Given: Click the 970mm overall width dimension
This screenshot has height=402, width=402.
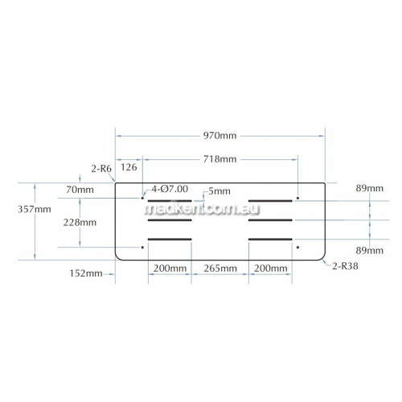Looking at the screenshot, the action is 219,136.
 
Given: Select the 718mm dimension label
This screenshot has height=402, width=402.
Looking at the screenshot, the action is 219,159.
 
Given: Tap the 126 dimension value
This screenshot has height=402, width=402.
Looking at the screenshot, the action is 129,167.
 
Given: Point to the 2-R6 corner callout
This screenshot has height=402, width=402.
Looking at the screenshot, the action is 101,169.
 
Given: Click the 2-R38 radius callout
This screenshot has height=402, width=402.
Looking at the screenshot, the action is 345,266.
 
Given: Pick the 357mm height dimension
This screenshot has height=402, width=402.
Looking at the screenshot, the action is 35,209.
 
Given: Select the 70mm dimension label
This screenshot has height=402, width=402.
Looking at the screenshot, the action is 80,190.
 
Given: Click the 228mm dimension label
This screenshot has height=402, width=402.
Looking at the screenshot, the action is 80,223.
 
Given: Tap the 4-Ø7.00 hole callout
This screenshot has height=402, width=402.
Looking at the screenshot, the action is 170,189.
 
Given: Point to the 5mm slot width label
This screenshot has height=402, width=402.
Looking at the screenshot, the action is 219,191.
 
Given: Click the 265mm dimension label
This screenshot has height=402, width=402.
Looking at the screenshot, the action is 220,269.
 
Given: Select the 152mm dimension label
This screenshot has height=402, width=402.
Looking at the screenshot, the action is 86,273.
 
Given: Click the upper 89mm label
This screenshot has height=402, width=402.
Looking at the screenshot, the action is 370,188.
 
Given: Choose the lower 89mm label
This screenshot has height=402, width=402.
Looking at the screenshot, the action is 370,251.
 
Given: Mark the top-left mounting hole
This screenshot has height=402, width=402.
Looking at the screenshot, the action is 142,198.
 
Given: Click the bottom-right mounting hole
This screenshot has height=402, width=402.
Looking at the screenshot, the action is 297,248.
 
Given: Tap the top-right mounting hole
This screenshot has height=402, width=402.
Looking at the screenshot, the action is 297,198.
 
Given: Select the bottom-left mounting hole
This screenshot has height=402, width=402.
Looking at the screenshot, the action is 142,248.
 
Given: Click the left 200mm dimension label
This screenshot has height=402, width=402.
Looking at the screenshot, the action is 170,269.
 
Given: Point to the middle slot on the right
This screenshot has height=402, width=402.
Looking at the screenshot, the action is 270,220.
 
